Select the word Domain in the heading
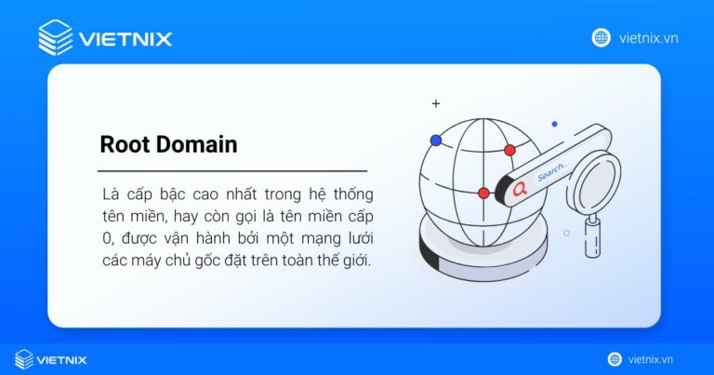pyautogui.click(x=197, y=144)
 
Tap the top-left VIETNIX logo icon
pyautogui.click(x=56, y=37)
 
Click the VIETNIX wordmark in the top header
pyautogui.click(x=126, y=39)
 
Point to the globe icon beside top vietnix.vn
pyautogui.click(x=602, y=37)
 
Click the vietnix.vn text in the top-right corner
pyautogui.click(x=648, y=37)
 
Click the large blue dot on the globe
pyautogui.click(x=435, y=141)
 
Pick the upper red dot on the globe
pyautogui.click(x=509, y=150)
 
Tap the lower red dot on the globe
pyautogui.click(x=483, y=193)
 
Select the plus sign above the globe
pyautogui.click(x=435, y=103)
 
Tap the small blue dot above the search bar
pyautogui.click(x=554, y=124)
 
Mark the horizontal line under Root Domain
pyautogui.click(x=232, y=171)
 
